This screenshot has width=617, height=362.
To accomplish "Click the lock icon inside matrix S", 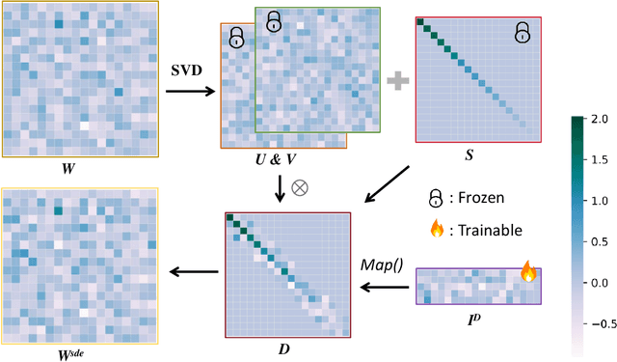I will pyautogui.click(x=522, y=34).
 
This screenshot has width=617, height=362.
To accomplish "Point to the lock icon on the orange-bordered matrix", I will pyautogui.click(x=236, y=39).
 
